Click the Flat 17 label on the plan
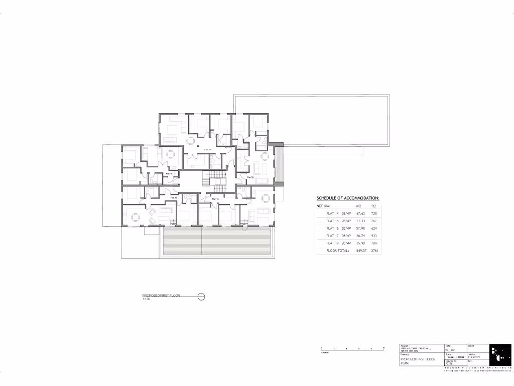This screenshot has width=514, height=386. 207,149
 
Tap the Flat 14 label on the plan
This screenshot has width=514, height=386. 215,199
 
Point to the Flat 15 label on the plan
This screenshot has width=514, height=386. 174,198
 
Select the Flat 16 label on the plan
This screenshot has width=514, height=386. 169,173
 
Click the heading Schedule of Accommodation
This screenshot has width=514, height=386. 347,198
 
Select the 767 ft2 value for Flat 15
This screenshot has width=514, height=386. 374,221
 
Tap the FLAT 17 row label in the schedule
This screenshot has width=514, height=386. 332,235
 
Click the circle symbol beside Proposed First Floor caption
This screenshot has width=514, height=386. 201,297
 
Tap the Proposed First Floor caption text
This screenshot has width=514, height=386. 161,296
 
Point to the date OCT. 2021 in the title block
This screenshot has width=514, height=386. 451,350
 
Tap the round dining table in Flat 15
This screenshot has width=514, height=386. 135,218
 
